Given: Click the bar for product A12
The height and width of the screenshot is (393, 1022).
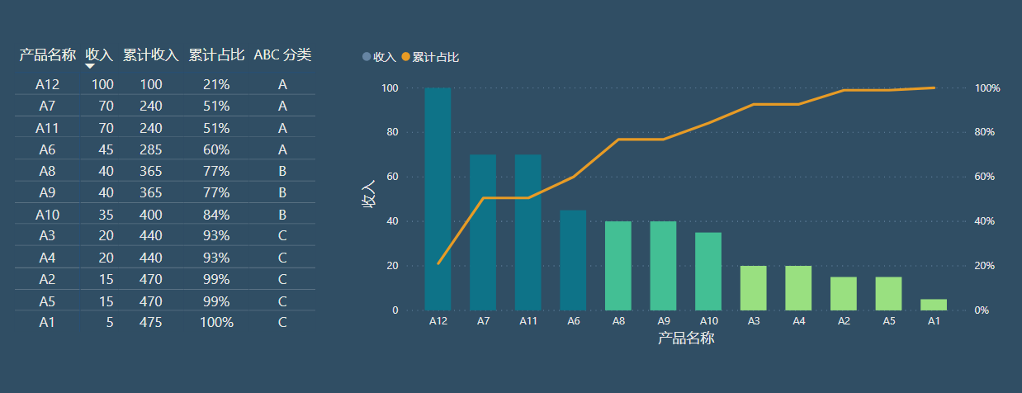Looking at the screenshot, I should click(438, 198).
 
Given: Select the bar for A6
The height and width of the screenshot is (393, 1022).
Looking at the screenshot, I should click(573, 260).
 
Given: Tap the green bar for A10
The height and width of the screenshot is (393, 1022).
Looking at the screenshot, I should click(708, 271).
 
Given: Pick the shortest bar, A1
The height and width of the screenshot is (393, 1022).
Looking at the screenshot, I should click(934, 305).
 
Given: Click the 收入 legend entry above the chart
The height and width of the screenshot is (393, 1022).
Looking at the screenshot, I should click(380, 57).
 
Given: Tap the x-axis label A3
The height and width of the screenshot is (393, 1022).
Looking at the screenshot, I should click(753, 321).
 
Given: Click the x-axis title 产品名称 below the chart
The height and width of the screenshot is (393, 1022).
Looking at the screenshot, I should click(685, 339).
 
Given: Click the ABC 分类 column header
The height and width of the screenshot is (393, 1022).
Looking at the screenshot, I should click(282, 55).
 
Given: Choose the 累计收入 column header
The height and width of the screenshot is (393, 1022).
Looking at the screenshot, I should click(150, 55).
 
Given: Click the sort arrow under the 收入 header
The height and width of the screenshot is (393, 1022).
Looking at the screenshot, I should click(90, 66).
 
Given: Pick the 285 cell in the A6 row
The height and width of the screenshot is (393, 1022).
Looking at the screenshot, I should click(150, 149).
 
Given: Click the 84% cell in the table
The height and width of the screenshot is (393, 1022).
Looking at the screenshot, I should click(216, 215).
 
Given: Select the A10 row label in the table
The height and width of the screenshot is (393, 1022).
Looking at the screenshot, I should click(47, 215).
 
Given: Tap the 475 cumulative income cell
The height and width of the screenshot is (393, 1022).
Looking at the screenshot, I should click(150, 322).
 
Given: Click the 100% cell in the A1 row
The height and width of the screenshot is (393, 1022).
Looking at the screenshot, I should click(216, 322).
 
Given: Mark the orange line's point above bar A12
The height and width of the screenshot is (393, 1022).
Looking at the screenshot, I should click(438, 263).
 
